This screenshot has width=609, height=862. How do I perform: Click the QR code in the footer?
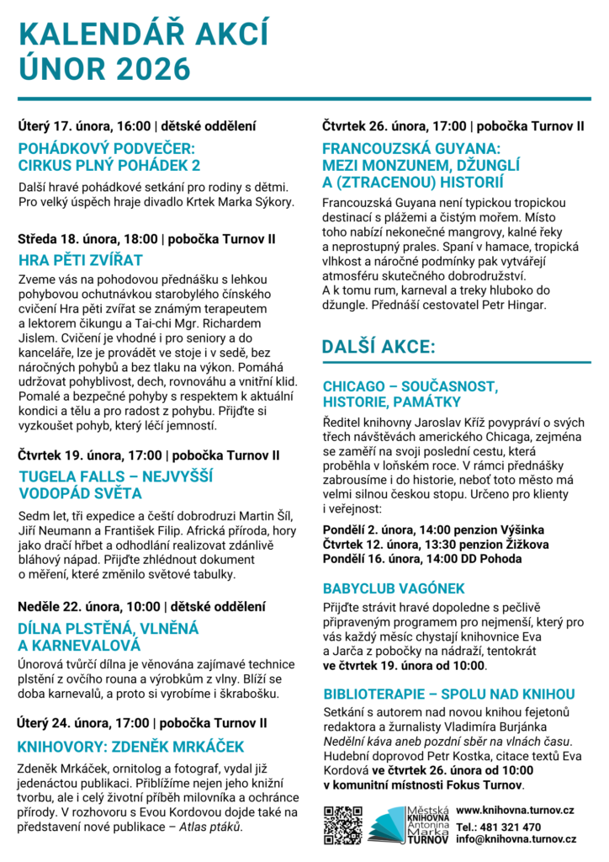[x=342, y=825]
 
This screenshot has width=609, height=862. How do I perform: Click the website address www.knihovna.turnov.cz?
[x=515, y=809]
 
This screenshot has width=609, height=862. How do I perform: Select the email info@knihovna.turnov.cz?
[x=516, y=839]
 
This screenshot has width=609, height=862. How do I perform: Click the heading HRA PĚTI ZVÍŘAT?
[x=81, y=259]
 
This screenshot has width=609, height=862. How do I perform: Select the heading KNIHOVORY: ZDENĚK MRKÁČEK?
[x=130, y=746]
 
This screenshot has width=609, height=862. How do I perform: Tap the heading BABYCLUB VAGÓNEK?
[x=394, y=588]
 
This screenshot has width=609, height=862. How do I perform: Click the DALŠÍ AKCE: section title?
[x=379, y=346]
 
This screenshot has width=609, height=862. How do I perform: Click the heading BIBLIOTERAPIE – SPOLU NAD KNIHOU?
[x=448, y=694]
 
